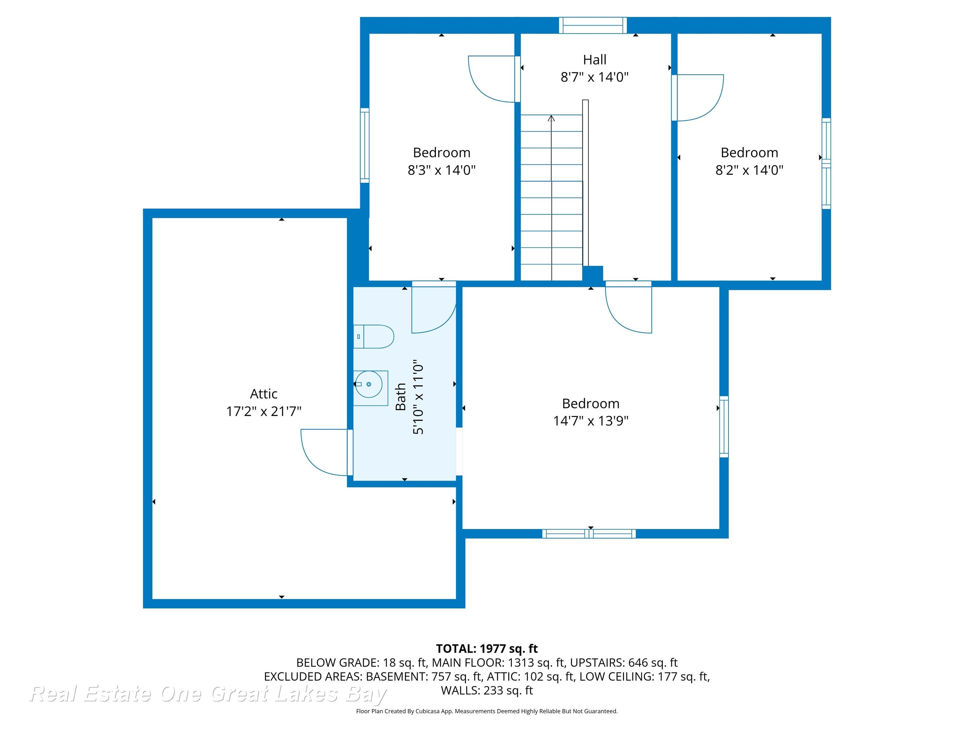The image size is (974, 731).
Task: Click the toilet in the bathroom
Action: point(374,337)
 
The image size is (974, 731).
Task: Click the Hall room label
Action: point(594,59)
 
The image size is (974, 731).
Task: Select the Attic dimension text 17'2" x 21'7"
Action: point(264,412)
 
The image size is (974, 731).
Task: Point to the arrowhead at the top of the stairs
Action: point(551,118)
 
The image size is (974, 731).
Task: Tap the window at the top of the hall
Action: point(593,25)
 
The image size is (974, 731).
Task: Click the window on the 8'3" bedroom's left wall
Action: point(365,145)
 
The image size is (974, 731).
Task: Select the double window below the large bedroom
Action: point(589,534)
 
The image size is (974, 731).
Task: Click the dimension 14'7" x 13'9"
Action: point(590,421)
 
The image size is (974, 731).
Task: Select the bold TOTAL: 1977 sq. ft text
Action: point(487,649)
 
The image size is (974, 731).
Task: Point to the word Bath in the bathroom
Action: point(400,397)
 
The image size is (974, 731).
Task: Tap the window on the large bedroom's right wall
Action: point(724,426)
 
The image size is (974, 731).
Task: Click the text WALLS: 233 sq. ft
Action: point(487,690)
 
